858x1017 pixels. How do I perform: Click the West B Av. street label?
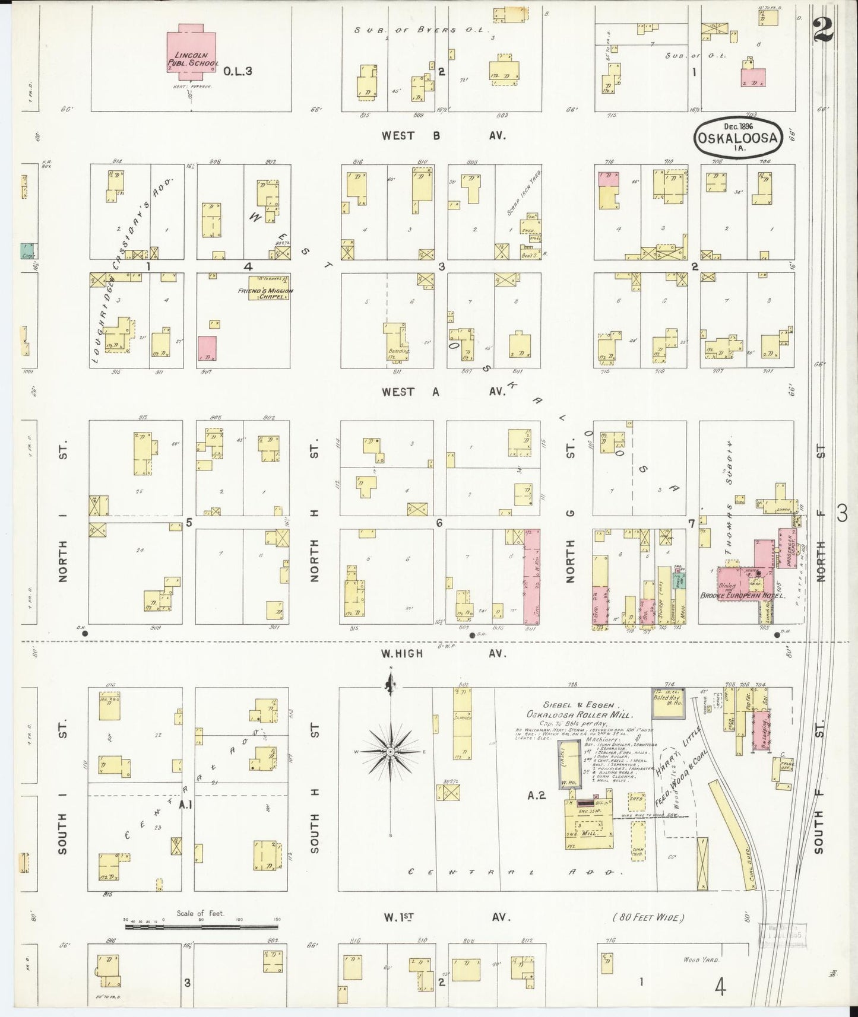443,136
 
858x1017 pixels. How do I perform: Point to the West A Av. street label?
443,392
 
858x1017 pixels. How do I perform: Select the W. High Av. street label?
443,653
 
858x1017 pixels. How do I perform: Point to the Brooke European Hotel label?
743,595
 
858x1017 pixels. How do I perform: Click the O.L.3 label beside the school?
238,71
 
